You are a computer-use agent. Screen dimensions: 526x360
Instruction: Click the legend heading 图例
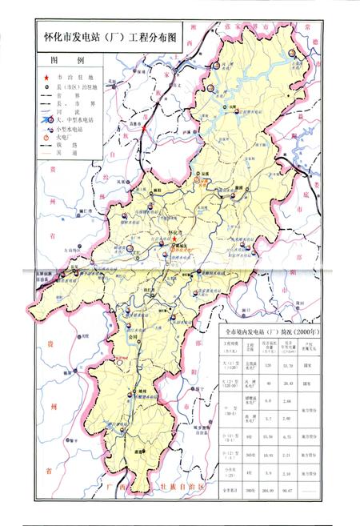[63, 61]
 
